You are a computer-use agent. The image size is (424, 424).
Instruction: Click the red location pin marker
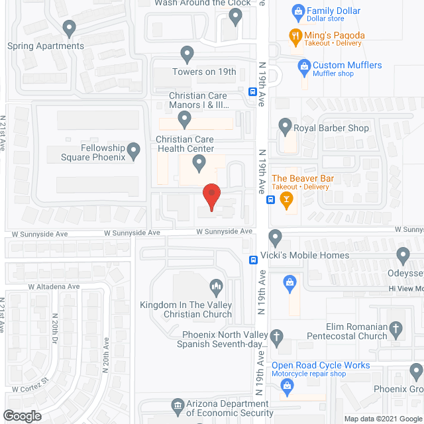tap(211, 195)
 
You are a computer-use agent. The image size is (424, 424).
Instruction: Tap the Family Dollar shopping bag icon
tap(298, 11)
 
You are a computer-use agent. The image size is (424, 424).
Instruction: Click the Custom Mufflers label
tap(346, 65)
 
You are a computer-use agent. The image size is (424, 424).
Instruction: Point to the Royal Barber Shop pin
tap(285, 125)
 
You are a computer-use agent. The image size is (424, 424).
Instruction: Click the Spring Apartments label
tap(46, 46)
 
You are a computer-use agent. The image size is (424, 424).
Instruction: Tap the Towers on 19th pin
tap(187, 53)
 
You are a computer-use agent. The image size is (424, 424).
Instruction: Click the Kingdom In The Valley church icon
tap(216, 286)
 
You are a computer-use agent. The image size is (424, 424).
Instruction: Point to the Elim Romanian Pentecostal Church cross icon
tap(396, 328)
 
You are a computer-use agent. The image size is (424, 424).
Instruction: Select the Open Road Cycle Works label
tap(321, 365)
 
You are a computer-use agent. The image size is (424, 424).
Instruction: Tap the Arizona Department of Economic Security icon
tap(177, 405)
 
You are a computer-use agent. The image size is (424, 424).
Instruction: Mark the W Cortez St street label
tap(30, 384)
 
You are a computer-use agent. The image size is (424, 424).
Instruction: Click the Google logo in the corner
tap(21, 415)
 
